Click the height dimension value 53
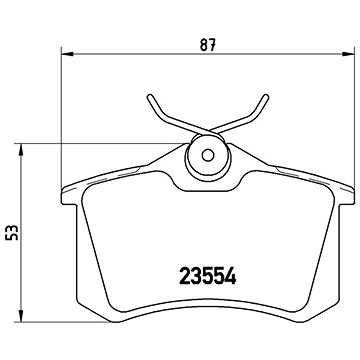(13, 234)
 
